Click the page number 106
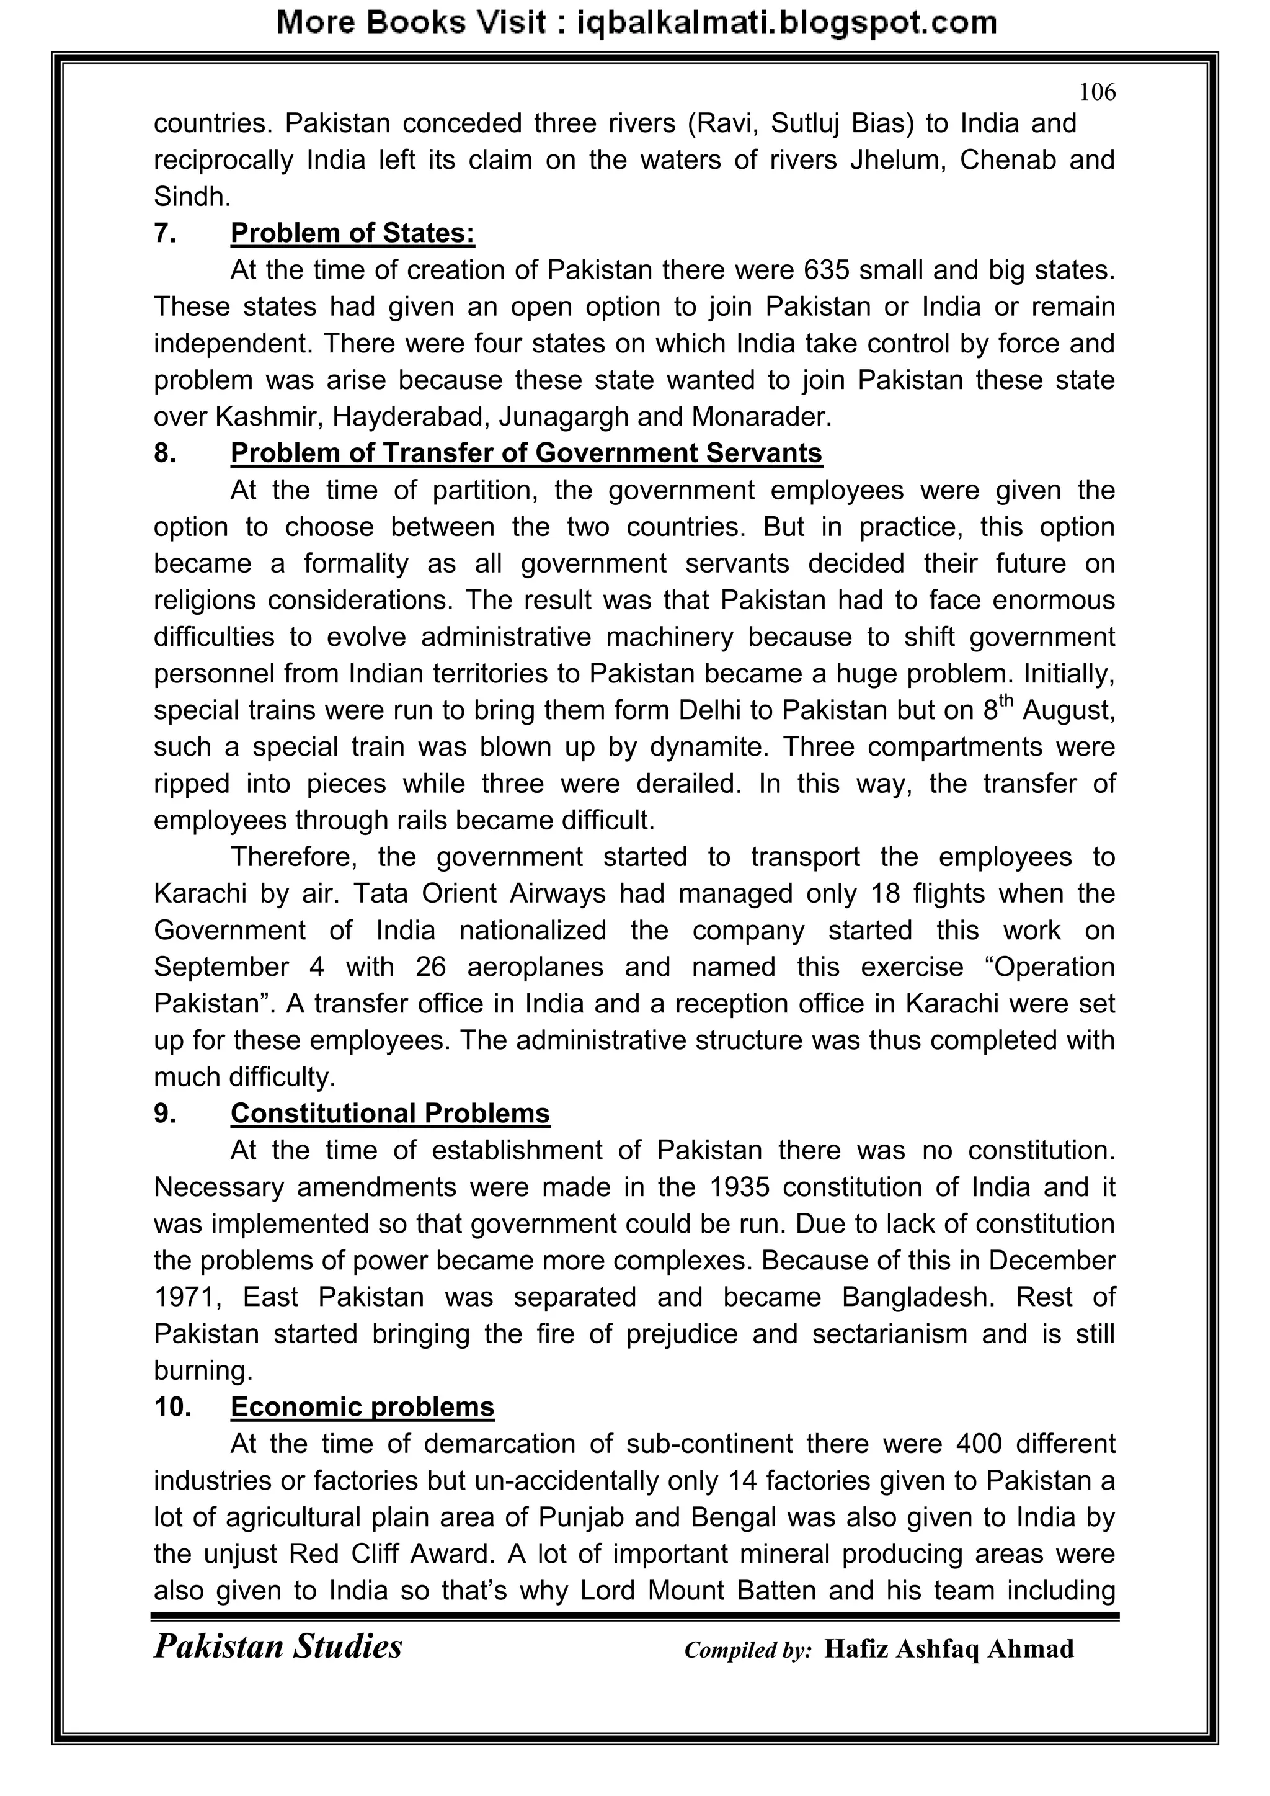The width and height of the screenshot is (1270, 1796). (1097, 92)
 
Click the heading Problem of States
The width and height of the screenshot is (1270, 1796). (353, 233)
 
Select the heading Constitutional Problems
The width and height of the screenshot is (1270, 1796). (390, 1113)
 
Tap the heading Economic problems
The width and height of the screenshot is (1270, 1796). (362, 1406)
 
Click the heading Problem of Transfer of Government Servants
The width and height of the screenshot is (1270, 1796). (526, 453)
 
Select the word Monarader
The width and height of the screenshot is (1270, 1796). (760, 416)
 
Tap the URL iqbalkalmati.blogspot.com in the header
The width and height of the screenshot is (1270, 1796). (786, 23)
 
